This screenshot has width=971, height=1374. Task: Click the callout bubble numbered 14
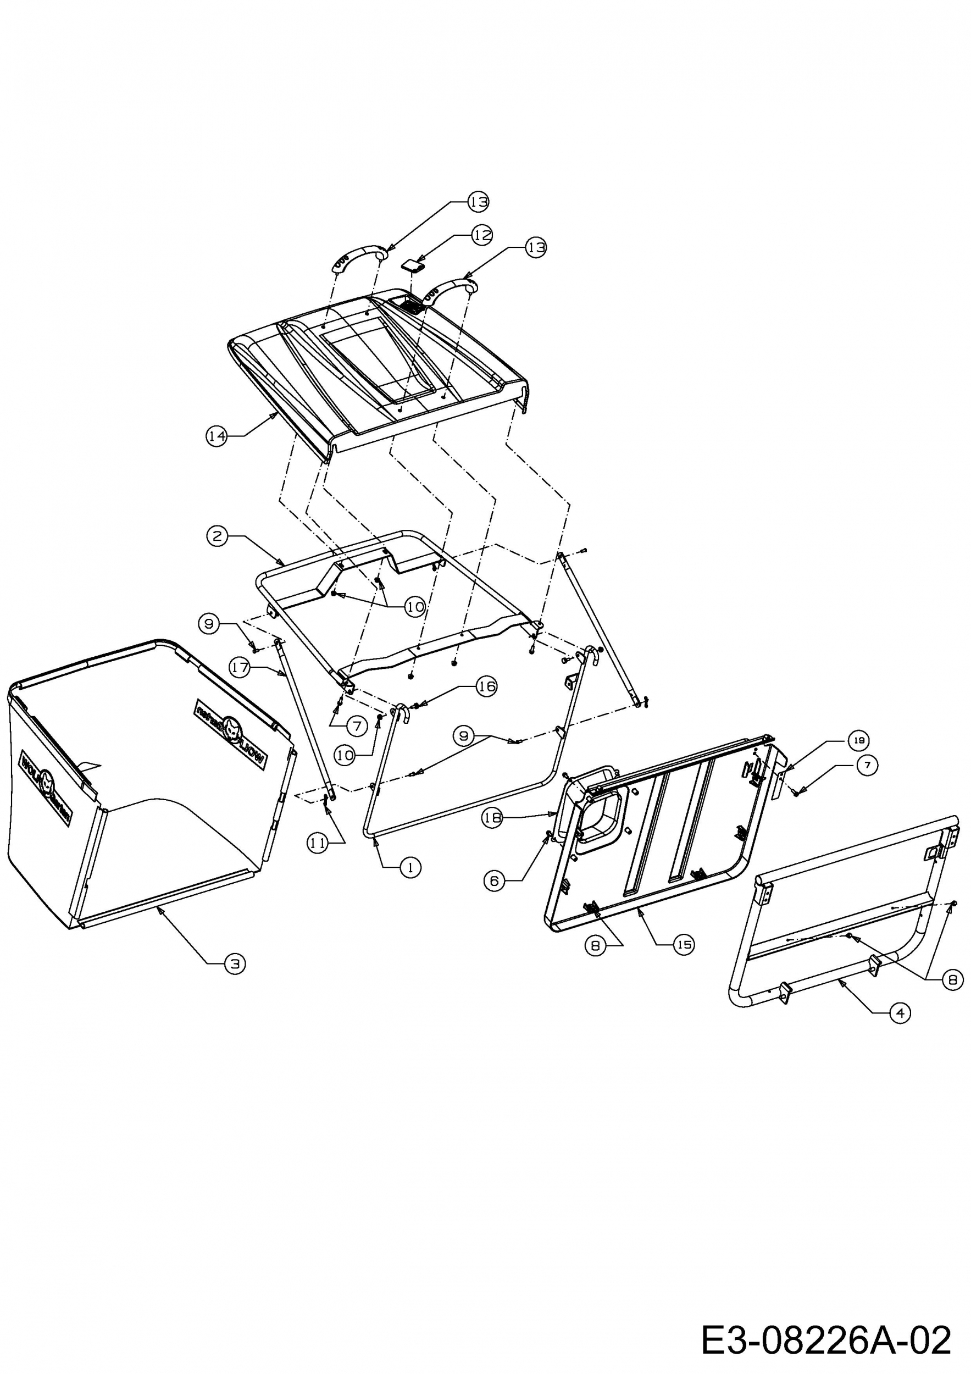coord(217,436)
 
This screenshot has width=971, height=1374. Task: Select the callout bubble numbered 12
coord(481,235)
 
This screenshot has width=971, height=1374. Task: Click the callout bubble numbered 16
coord(486,686)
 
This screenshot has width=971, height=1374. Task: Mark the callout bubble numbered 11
coord(318,843)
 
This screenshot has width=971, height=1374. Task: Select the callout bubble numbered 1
coord(410,867)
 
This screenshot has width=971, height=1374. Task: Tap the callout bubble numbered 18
coord(492,819)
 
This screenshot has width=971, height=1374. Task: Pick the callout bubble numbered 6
coord(494,881)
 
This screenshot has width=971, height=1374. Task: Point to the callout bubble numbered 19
coord(858,740)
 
